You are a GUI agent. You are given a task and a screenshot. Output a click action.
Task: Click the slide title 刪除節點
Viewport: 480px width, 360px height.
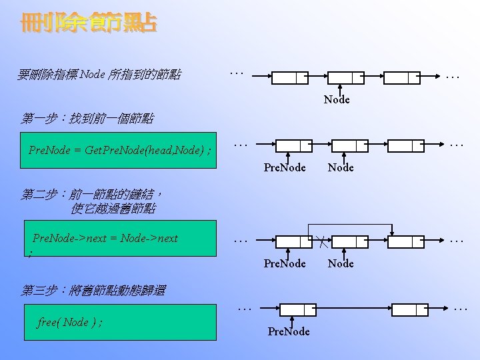pos(89,24)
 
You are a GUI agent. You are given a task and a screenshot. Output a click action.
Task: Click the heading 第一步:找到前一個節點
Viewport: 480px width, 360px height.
pos(87,119)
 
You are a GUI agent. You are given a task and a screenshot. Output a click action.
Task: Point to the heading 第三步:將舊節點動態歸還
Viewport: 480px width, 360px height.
pos(93,290)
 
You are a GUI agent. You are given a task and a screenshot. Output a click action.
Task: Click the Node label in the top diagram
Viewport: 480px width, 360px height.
pos(337,100)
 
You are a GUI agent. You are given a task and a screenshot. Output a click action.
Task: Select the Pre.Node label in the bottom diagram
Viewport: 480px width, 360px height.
pos(289,331)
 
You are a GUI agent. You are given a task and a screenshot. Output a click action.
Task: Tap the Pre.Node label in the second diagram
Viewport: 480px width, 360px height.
pos(285,167)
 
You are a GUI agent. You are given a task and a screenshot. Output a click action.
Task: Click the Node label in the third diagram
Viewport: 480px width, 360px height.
pos(341,263)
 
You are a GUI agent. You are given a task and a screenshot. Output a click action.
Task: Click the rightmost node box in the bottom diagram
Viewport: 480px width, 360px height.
pos(410,309)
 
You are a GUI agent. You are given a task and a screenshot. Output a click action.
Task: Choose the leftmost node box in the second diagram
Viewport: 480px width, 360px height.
pos(293,145)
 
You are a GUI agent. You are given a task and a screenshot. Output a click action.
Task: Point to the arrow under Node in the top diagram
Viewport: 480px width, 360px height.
pos(341,89)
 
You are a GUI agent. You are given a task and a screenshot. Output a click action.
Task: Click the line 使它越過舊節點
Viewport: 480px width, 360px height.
pos(113,209)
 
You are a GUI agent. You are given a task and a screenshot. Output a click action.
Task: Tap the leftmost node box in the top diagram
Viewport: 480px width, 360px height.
pos(289,77)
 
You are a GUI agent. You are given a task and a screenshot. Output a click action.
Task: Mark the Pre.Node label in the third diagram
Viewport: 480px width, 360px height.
pos(285,263)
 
